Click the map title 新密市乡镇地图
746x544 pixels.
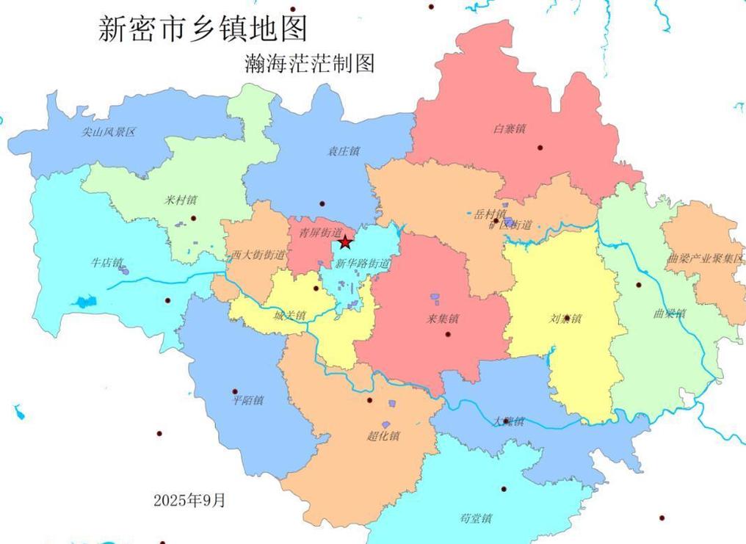click(x=202, y=29)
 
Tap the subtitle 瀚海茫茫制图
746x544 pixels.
click(x=309, y=63)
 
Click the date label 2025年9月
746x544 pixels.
click(x=189, y=501)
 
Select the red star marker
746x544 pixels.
click(x=344, y=242)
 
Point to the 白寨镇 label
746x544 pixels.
click(x=510, y=128)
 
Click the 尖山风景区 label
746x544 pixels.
click(x=109, y=132)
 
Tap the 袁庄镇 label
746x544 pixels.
click(x=343, y=151)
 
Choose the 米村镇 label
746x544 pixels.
click(x=181, y=200)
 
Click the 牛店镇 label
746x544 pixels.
click(x=106, y=262)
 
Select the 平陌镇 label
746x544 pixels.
click(x=247, y=401)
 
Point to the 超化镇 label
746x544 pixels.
click(x=383, y=436)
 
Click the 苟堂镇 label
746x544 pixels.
click(x=476, y=518)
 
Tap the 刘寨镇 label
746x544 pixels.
click(x=565, y=319)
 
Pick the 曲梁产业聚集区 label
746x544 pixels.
click(x=706, y=258)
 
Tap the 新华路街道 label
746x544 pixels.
click(x=363, y=264)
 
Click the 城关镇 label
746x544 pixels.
click(x=289, y=316)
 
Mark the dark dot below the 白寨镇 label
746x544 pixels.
click(x=540, y=148)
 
